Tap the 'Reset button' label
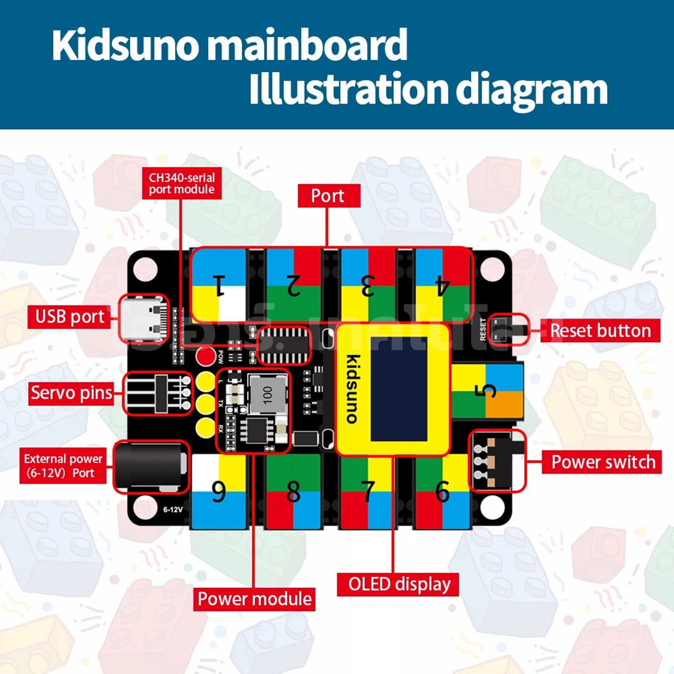pos(600,331)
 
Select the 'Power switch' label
pos(603,461)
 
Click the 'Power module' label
pos(255,599)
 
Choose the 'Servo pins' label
pos(71,393)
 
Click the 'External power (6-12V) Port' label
pos(63,466)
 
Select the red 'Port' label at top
pos(327,196)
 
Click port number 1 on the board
pos(219,285)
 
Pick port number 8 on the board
pos(293,492)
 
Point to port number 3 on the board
pos(368,286)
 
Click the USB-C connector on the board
pos(146,317)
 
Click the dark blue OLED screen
pos(399,389)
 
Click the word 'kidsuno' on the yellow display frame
pos(352,389)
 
